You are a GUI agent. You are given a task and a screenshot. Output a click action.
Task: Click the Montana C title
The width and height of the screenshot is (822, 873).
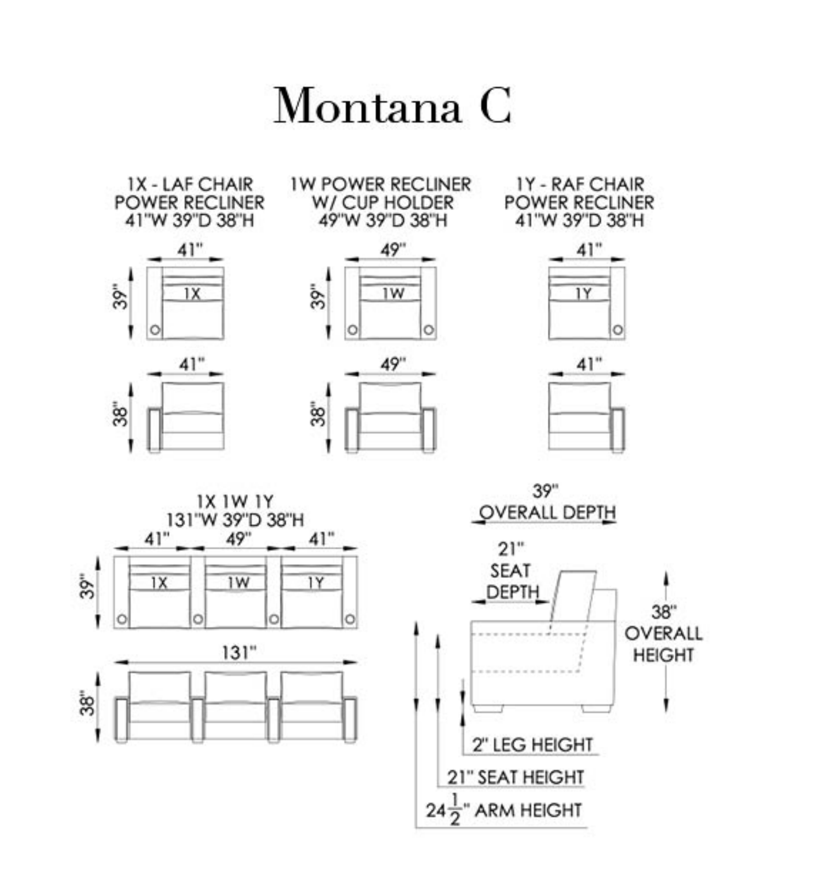pos(392,105)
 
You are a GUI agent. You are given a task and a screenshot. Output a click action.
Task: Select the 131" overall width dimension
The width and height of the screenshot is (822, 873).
pos(239,652)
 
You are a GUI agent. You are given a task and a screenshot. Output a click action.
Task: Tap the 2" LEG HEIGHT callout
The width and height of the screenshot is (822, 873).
pos(532,744)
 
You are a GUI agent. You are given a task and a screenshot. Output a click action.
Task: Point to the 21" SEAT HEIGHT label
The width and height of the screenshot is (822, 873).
pos(515,777)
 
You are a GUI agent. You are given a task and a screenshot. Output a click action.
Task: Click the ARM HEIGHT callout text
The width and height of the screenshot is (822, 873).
pos(527,810)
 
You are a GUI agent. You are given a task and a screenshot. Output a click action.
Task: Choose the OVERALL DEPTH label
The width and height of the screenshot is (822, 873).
pos(547,512)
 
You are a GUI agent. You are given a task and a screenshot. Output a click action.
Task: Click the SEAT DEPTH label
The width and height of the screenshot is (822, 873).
pos(512,581)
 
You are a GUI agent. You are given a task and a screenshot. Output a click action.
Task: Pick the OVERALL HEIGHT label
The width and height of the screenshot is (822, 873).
pos(663,644)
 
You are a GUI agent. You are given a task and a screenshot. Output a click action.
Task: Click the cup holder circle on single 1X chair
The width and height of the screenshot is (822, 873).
pos(155,330)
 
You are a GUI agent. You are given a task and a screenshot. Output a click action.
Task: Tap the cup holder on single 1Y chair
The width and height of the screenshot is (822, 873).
pos(618,330)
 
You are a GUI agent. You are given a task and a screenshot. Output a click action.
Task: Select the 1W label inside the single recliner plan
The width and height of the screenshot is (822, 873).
pos(393,294)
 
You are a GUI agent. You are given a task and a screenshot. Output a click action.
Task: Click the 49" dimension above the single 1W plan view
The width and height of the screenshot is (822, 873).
pos(393,250)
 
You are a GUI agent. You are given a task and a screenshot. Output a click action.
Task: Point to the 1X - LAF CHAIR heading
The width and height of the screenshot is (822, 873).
pos(190,184)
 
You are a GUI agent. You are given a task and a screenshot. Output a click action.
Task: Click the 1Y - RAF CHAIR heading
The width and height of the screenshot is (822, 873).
pos(580,184)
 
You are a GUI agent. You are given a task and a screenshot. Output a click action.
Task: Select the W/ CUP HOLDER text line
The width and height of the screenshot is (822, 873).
pos(383,202)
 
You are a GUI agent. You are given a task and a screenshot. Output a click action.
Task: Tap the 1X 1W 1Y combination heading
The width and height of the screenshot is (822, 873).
pos(235,501)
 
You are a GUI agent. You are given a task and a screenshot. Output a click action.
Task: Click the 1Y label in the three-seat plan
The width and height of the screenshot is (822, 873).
pos(315,582)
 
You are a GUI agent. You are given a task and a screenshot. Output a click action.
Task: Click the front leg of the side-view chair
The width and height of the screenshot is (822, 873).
pos(487,709)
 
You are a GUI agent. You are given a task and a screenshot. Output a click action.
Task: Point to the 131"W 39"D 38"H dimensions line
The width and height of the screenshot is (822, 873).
pos(235,520)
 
